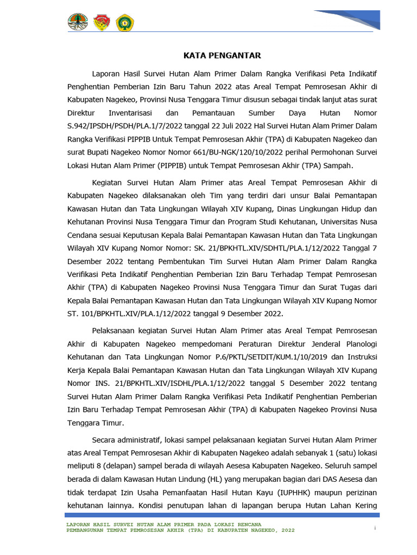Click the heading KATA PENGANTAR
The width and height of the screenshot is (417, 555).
pyautogui.click(x=222, y=55)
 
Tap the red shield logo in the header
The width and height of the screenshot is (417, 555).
pyautogui.click(x=102, y=22)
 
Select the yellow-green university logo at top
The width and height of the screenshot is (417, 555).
pyautogui.click(x=125, y=22)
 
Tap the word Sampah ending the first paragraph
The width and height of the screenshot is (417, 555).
pyautogui.click(x=338, y=165)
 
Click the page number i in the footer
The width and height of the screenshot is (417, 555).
pyautogui.click(x=375, y=527)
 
